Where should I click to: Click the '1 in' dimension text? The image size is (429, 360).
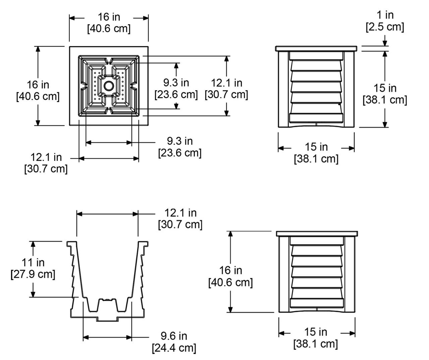click(385, 15)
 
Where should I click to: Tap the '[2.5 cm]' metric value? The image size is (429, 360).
click(385, 27)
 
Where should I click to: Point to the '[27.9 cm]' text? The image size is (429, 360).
click(33, 274)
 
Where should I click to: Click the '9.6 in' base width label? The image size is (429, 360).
click(174, 336)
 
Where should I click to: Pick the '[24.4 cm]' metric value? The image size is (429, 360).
click(174, 348)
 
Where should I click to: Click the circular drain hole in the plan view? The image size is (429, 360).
click(109, 86)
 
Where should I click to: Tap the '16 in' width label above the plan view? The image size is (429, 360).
click(109, 17)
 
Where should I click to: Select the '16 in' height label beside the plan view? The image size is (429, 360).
click(38, 85)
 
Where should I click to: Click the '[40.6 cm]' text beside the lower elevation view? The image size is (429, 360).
click(231, 282)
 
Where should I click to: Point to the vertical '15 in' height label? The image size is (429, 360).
click(385, 88)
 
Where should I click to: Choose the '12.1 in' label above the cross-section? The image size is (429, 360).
click(180, 213)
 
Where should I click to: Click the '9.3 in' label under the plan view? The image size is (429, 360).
click(180, 141)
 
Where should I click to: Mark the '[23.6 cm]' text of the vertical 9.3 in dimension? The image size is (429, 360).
click(176, 94)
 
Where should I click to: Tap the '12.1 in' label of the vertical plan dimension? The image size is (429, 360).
click(227, 83)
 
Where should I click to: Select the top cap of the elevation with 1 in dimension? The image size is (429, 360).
click(316, 49)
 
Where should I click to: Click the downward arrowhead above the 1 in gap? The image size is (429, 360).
click(385, 43)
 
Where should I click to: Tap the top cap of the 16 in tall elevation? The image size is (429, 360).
click(317, 234)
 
